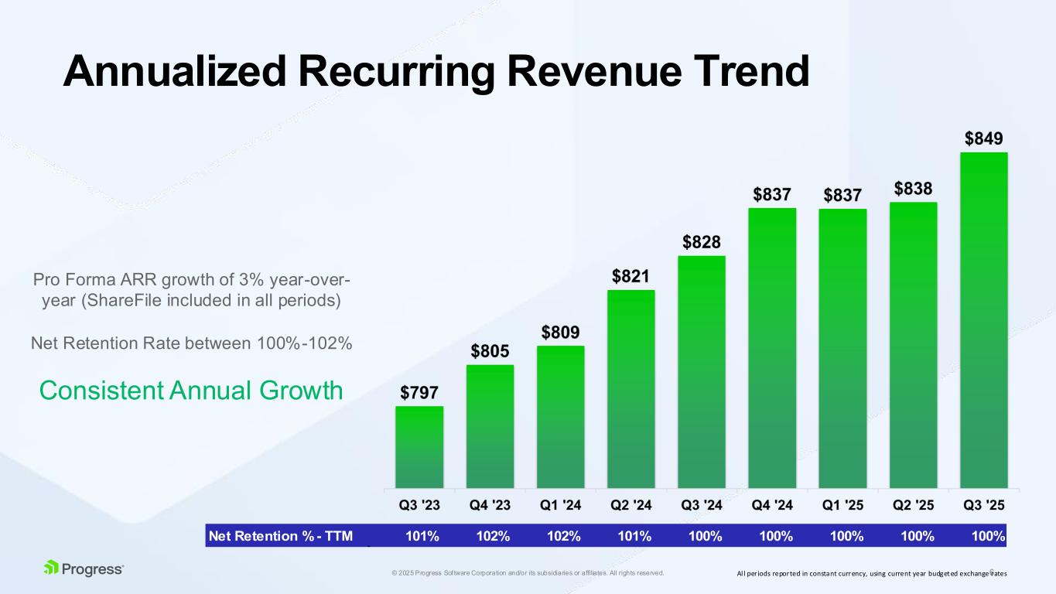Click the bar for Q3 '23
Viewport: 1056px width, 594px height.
tap(419, 447)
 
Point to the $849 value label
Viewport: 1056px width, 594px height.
tap(983, 139)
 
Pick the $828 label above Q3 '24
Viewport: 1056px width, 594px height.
tap(702, 243)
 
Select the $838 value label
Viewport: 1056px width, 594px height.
tap(914, 189)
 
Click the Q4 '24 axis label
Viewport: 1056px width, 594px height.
tap(772, 506)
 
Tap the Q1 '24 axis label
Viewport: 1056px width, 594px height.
tap(561, 506)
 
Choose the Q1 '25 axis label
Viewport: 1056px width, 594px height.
tap(842, 506)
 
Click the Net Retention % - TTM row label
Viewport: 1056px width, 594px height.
tap(280, 536)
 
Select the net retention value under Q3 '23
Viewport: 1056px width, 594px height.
tap(423, 536)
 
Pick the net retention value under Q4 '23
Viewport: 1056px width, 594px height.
tap(493, 536)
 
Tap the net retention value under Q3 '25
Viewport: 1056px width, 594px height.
tap(989, 536)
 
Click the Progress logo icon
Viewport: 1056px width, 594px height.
tap(52, 568)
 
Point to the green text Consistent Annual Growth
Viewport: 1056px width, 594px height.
tap(191, 391)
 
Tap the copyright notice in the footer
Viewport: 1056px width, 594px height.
tap(528, 573)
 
